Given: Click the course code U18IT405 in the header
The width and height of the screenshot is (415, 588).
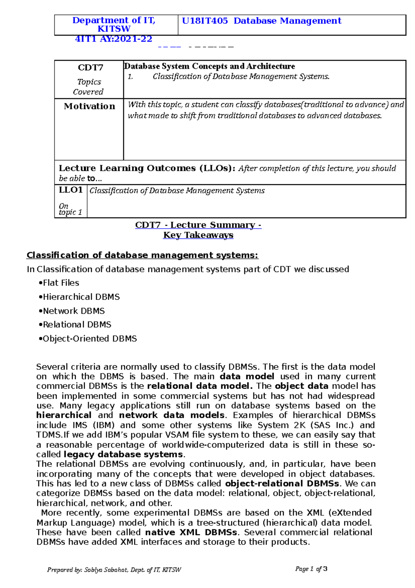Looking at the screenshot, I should [x=205, y=21].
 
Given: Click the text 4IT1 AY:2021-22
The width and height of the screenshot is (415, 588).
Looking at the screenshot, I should [x=113, y=39].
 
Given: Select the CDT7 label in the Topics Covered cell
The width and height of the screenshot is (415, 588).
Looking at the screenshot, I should [x=90, y=68].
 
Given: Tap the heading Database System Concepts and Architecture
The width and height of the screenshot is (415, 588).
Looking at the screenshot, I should [x=210, y=66].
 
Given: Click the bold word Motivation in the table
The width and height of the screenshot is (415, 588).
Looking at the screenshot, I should [x=89, y=106].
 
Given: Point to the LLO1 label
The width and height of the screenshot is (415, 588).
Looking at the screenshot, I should [x=71, y=190].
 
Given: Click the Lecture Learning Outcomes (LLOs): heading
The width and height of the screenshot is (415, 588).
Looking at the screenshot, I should [x=147, y=168].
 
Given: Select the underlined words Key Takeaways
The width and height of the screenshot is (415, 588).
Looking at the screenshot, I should [x=198, y=235].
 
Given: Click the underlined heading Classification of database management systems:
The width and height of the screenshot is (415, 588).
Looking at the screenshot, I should [x=142, y=255].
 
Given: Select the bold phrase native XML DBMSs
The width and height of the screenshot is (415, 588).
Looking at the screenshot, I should [x=191, y=532].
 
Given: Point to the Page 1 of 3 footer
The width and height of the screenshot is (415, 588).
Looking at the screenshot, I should [x=311, y=569].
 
